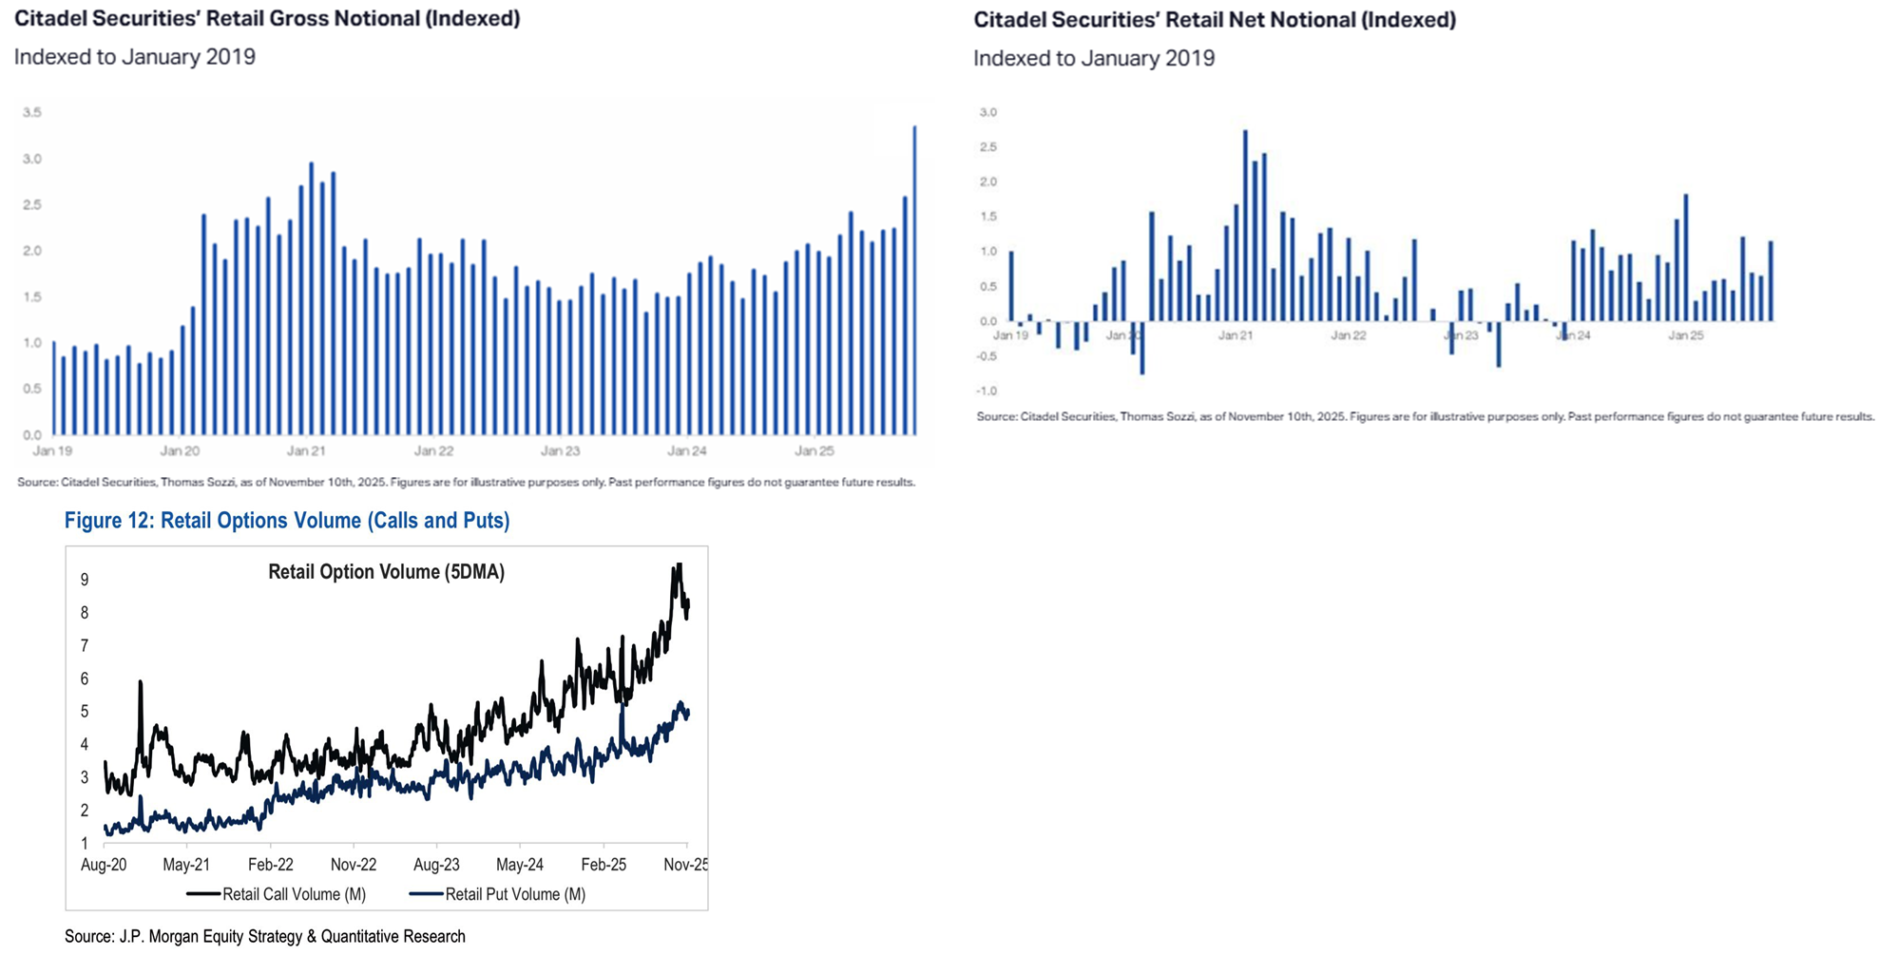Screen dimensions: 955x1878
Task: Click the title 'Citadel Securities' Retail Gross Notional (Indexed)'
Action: (267, 19)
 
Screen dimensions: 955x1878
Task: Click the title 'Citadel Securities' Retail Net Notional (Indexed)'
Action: (1214, 20)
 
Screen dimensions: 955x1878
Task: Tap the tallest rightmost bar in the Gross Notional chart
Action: (914, 280)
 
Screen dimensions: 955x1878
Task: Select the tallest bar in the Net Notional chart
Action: (1245, 225)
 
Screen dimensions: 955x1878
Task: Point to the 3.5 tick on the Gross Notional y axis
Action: (32, 112)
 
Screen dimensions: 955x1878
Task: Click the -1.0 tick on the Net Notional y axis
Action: (987, 391)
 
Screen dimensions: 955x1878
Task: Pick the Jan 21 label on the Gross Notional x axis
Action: (306, 451)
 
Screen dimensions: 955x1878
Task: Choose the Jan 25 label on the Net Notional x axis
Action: (1685, 335)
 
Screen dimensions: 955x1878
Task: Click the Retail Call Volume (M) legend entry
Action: (294, 894)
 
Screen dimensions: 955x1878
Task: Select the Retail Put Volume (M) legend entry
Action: (515, 894)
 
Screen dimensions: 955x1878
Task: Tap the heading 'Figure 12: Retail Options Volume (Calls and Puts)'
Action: (287, 521)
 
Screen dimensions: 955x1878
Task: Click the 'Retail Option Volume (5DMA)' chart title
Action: (386, 572)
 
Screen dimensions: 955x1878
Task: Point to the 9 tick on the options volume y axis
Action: (85, 580)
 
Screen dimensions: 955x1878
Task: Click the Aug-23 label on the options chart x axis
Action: (436, 865)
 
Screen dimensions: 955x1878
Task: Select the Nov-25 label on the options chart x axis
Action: (685, 865)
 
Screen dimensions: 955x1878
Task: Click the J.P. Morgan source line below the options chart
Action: (265, 937)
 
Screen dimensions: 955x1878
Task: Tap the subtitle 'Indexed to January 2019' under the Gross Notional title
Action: (135, 57)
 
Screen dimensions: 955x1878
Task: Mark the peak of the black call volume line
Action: (678, 566)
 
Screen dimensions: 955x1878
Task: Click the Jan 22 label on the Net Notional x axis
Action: (1348, 335)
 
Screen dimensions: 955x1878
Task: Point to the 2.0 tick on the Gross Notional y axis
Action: (32, 251)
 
